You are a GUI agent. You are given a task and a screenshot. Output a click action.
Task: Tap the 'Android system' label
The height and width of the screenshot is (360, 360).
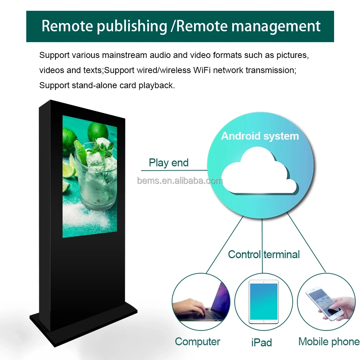tap(260, 136)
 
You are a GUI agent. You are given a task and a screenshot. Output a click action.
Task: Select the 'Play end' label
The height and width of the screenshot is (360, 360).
tap(168, 163)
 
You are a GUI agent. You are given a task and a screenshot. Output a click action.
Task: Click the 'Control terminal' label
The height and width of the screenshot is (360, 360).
tap(264, 255)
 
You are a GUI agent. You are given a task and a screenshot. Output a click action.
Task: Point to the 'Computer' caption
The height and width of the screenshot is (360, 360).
tap(198, 342)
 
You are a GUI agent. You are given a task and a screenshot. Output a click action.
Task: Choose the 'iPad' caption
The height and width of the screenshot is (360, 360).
tap(261, 342)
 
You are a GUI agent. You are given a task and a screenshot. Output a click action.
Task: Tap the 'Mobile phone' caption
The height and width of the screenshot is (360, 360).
tap(329, 342)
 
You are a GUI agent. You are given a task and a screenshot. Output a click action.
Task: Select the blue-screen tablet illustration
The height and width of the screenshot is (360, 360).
tap(264, 302)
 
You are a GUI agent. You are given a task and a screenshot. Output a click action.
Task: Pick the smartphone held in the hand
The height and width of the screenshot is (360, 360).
tap(322, 302)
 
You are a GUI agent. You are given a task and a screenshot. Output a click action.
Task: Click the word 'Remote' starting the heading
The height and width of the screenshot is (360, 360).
tap(66, 26)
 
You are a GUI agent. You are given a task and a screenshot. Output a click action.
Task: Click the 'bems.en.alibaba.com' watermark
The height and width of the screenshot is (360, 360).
tap(180, 181)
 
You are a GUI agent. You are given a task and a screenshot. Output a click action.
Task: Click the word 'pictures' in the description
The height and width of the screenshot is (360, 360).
tap(292, 55)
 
